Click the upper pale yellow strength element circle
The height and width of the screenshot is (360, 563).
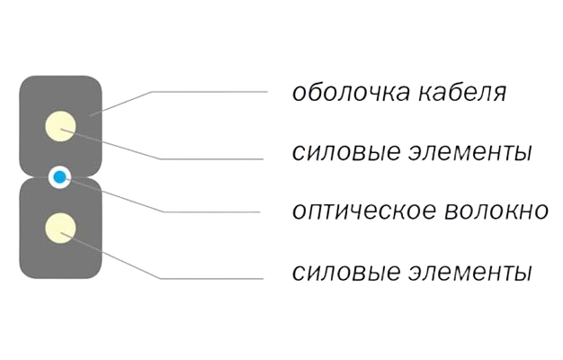[60, 126]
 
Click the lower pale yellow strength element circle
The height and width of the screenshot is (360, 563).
[60, 228]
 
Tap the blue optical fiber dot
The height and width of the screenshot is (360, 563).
[60, 177]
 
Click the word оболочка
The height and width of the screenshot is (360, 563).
[351, 92]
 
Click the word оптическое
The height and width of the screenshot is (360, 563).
[363, 211]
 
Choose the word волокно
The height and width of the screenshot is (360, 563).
[496, 211]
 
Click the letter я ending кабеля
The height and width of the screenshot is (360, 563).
[499, 94]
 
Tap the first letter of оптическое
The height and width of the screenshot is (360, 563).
[299, 211]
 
